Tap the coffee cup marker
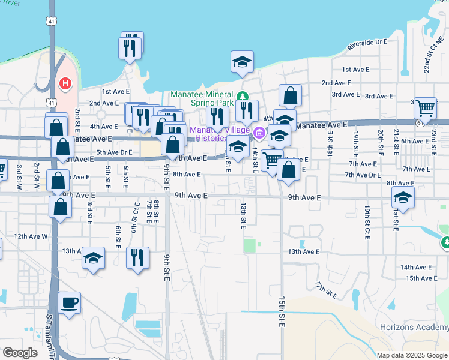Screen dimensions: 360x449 pos(69,302)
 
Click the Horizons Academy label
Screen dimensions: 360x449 pos(414,327)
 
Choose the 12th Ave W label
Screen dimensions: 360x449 pos(31,237)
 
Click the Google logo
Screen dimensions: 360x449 pos(20,353)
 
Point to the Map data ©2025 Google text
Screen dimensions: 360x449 pos(411,355)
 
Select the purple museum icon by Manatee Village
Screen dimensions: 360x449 pos(259,132)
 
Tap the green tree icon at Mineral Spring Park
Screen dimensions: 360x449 pos(243,96)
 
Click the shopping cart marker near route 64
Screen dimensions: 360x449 pos(425,108)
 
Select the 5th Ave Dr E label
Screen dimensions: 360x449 pos(113,152)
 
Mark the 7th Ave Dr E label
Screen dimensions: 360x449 pos(363,175)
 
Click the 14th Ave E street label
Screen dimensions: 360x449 pos(415,267)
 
